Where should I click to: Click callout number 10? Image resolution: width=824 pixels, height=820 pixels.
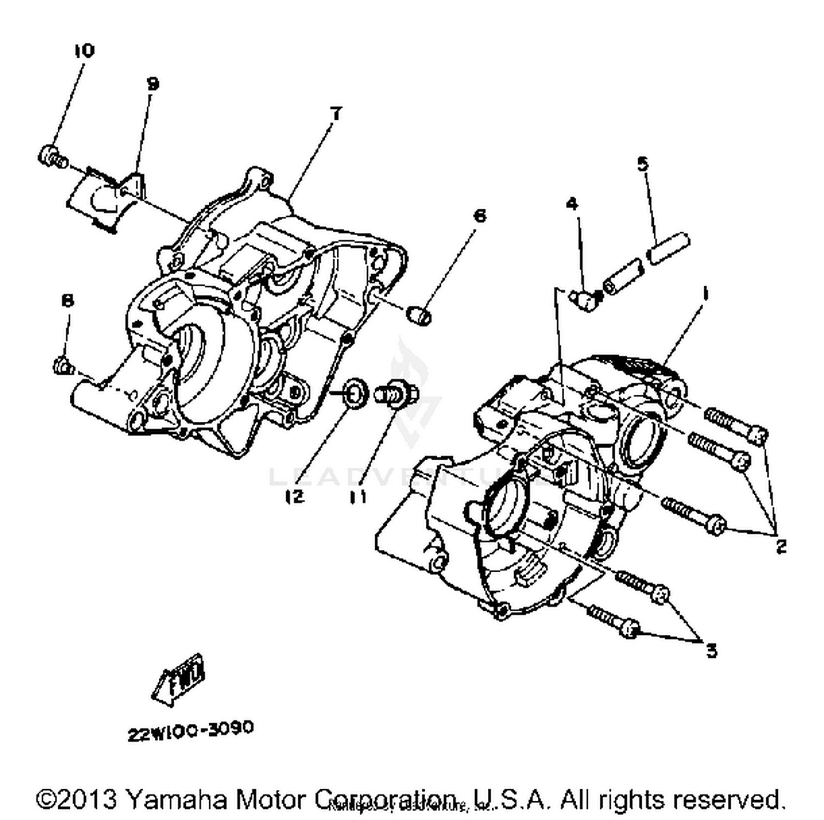click(83, 51)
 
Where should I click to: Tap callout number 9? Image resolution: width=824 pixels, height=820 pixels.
click(153, 84)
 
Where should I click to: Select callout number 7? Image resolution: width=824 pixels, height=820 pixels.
click(336, 114)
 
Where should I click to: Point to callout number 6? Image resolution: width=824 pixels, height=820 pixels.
click(480, 216)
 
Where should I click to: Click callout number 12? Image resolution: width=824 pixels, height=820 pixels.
click(294, 497)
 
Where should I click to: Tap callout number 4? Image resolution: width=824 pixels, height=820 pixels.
click(572, 204)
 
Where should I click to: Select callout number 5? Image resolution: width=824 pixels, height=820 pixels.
click(642, 164)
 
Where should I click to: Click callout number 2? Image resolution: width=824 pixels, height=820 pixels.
click(781, 546)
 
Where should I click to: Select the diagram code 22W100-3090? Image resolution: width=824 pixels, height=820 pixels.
click(191, 731)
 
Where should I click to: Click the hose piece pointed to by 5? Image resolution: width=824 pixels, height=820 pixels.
click(669, 249)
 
